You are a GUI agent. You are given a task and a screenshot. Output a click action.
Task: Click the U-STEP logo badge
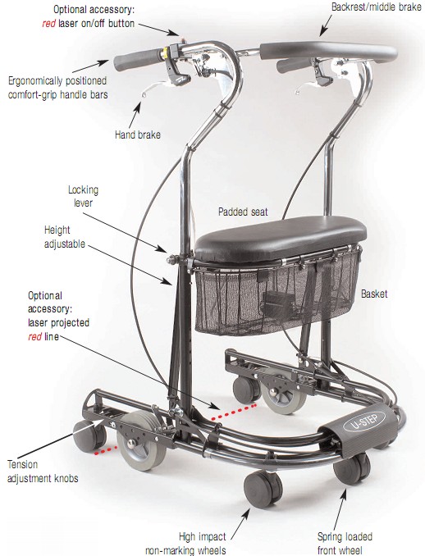[x=365, y=422]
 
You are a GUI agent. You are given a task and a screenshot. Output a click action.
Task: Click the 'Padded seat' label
[x=243, y=212]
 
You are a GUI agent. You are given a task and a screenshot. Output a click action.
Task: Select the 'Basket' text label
[x=374, y=294]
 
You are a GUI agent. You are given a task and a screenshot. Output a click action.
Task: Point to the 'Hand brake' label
[x=138, y=134]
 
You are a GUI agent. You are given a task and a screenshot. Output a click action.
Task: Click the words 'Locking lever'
[x=83, y=196]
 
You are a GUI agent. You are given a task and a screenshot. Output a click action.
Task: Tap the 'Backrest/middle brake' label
[x=377, y=7]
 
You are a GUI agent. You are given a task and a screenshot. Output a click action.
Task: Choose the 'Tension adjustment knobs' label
[x=43, y=472]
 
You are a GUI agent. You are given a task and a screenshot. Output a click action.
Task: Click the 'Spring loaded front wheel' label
[x=345, y=543]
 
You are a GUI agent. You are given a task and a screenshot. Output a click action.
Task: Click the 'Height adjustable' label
[x=65, y=237]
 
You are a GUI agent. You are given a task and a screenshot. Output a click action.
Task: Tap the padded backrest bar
[x=328, y=52]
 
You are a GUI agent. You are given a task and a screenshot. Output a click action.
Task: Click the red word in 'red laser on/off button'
[x=48, y=24]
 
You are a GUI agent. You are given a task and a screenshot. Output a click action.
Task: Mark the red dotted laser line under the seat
[x=234, y=412]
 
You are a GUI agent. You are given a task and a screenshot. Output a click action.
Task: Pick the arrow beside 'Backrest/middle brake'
[x=326, y=25]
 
